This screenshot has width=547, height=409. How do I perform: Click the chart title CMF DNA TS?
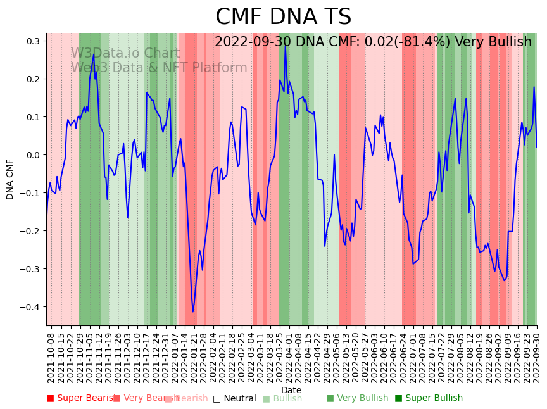tap(283, 17)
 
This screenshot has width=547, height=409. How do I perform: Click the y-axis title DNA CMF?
tap(10, 179)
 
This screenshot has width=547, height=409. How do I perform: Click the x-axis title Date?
tap(291, 390)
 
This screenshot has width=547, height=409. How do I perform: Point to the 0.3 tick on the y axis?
tap(33, 41)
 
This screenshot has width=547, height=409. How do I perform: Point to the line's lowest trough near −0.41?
tap(193, 311)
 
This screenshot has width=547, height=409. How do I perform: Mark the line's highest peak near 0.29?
tap(286, 45)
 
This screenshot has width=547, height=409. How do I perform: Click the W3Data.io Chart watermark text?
tap(125, 53)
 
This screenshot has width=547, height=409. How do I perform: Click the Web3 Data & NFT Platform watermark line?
tap(159, 68)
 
